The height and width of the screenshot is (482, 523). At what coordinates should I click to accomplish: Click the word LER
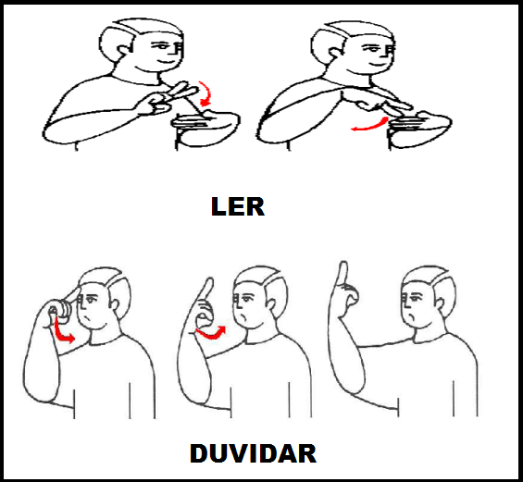click(x=238, y=206)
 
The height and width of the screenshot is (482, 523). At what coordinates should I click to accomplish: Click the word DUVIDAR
click(x=253, y=453)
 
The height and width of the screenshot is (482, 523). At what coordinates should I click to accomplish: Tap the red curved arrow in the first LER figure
click(x=206, y=94)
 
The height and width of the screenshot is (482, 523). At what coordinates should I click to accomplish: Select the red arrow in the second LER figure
click(x=369, y=125)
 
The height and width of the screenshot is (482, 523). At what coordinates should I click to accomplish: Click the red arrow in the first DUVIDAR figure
click(x=62, y=332)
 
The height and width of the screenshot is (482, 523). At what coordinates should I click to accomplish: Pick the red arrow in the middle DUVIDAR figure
click(x=211, y=334)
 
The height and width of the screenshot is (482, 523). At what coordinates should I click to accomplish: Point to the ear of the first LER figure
click(x=122, y=51)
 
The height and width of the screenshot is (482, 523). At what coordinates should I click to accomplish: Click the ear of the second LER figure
click(x=335, y=55)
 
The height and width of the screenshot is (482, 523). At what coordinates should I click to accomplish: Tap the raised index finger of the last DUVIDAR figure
click(x=342, y=273)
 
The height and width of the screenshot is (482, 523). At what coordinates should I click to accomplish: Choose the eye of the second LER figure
click(x=370, y=49)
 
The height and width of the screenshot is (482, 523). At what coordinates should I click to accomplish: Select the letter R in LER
click(x=256, y=207)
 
